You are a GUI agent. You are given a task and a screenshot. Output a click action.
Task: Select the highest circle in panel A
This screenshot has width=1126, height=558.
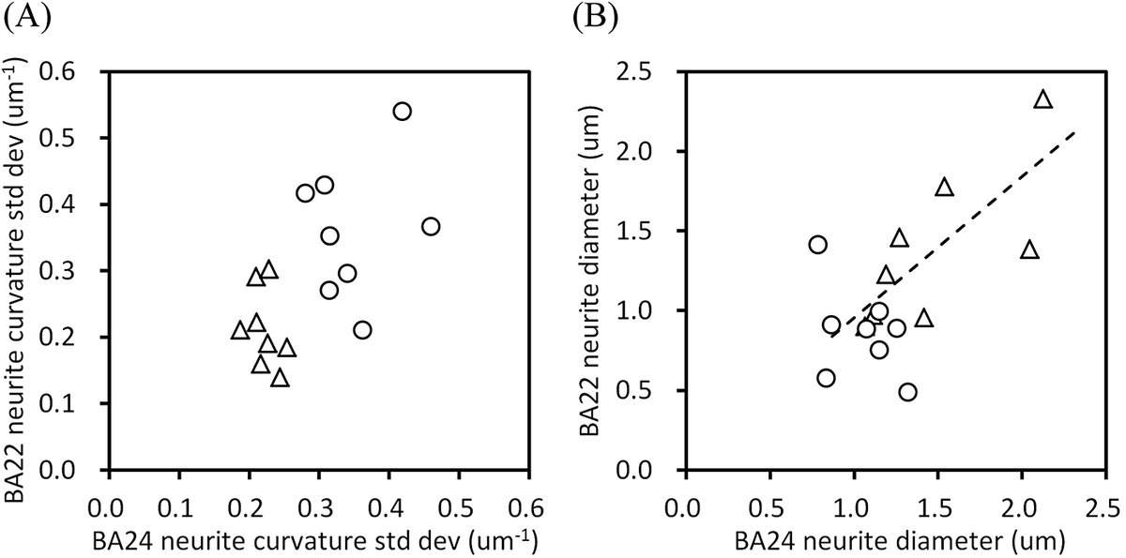(x=402, y=112)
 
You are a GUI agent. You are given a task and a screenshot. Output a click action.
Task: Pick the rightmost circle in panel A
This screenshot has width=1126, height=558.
(x=431, y=226)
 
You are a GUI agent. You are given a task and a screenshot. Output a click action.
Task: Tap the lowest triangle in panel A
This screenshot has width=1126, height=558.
(x=280, y=378)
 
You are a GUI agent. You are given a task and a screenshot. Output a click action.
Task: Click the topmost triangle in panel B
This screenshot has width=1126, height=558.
(x=1042, y=99)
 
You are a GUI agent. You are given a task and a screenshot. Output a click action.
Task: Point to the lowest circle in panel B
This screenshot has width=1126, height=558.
(x=907, y=392)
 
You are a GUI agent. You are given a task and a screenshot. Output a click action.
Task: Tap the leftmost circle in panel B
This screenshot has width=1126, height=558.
(x=817, y=245)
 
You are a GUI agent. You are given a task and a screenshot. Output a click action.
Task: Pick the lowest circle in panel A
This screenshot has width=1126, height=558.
(x=362, y=330)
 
